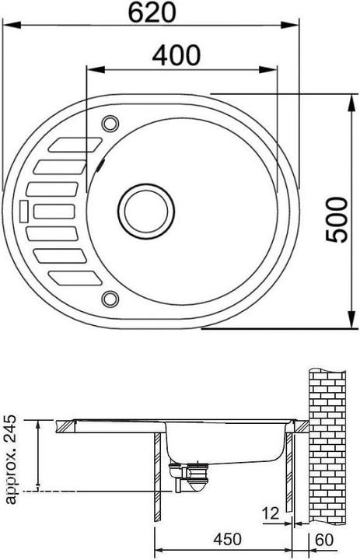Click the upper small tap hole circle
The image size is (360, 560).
coord(109,122)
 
